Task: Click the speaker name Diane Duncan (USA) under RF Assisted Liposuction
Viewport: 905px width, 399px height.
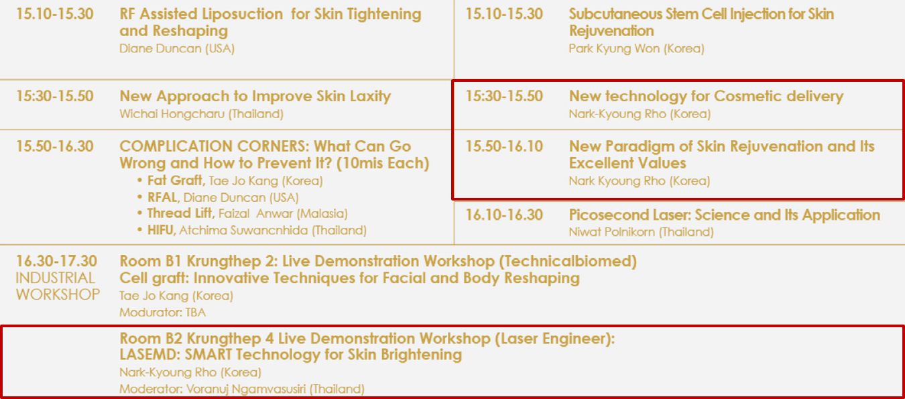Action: coord(177,48)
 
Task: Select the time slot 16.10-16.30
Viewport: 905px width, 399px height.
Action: coord(504,215)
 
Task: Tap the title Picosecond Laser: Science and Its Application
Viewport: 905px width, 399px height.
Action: coord(725,215)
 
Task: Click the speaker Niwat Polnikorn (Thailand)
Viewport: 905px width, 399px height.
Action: coord(641,232)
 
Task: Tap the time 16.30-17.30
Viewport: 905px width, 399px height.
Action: coord(56,261)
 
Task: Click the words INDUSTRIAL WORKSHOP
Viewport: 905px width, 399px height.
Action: coord(58,286)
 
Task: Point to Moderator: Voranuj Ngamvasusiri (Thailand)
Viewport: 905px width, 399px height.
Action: coord(242,389)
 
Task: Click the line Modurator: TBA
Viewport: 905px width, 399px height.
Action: coord(162,312)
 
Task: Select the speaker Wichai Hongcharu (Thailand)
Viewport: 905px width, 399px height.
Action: coord(201,113)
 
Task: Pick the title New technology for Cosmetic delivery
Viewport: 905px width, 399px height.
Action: coord(706,96)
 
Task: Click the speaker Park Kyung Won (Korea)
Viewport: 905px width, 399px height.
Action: coord(636,48)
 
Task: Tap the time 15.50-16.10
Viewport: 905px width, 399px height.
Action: coord(504,146)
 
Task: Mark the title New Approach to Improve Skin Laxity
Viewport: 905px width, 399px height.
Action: coord(255,96)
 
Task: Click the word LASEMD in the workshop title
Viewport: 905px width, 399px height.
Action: coord(149,355)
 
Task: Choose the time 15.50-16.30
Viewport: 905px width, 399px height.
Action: coord(54,146)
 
